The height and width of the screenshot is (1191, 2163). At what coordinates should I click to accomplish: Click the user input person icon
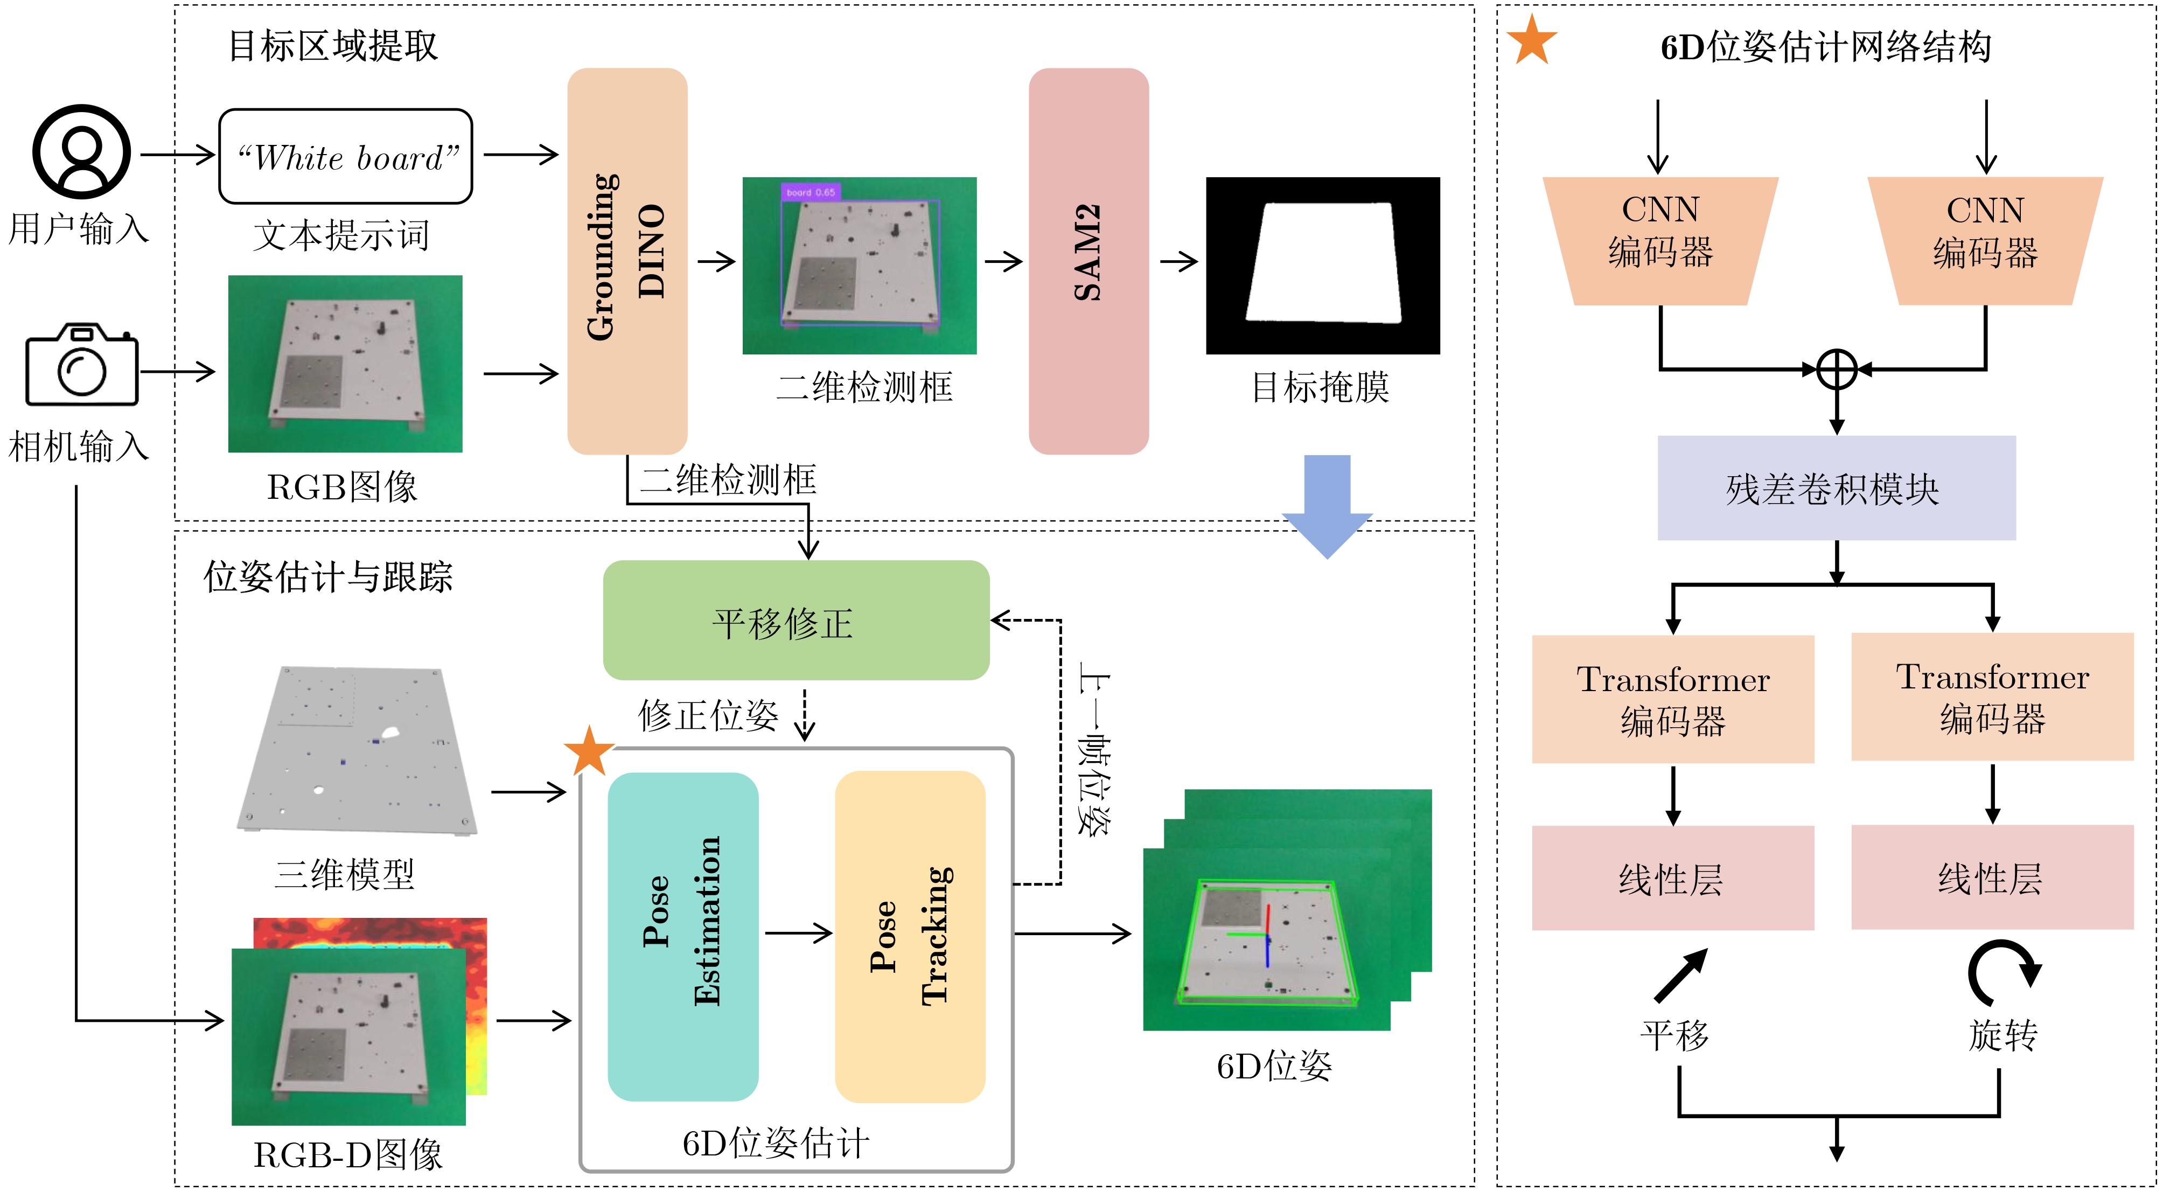click(81, 151)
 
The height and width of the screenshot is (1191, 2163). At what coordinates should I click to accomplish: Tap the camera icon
click(81, 365)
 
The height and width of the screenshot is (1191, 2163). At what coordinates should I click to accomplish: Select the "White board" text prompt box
click(345, 156)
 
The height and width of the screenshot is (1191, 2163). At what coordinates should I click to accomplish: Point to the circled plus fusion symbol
click(1837, 370)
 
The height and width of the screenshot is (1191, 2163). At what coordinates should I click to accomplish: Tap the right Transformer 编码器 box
click(1992, 697)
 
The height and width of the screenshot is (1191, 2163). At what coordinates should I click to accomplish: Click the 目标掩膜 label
click(1320, 388)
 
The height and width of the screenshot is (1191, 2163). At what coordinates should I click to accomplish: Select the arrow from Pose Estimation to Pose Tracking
click(798, 932)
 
